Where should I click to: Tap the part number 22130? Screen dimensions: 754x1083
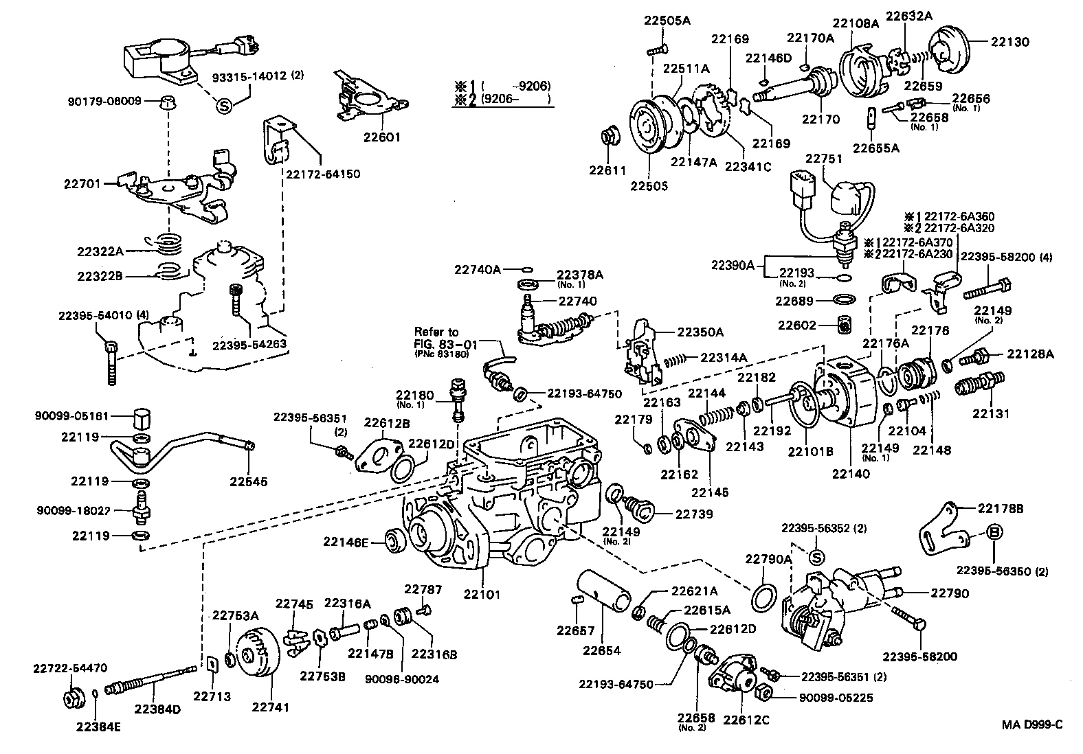coord(1009,42)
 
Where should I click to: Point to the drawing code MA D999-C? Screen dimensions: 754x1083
coord(1031,724)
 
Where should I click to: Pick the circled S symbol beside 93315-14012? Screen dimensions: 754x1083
coord(223,106)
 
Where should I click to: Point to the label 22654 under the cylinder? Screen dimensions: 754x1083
coord(602,650)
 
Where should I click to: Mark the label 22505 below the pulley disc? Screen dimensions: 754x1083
coord(649,186)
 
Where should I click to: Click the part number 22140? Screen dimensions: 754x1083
coord(850,473)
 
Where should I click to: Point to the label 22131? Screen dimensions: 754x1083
coord(990,413)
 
